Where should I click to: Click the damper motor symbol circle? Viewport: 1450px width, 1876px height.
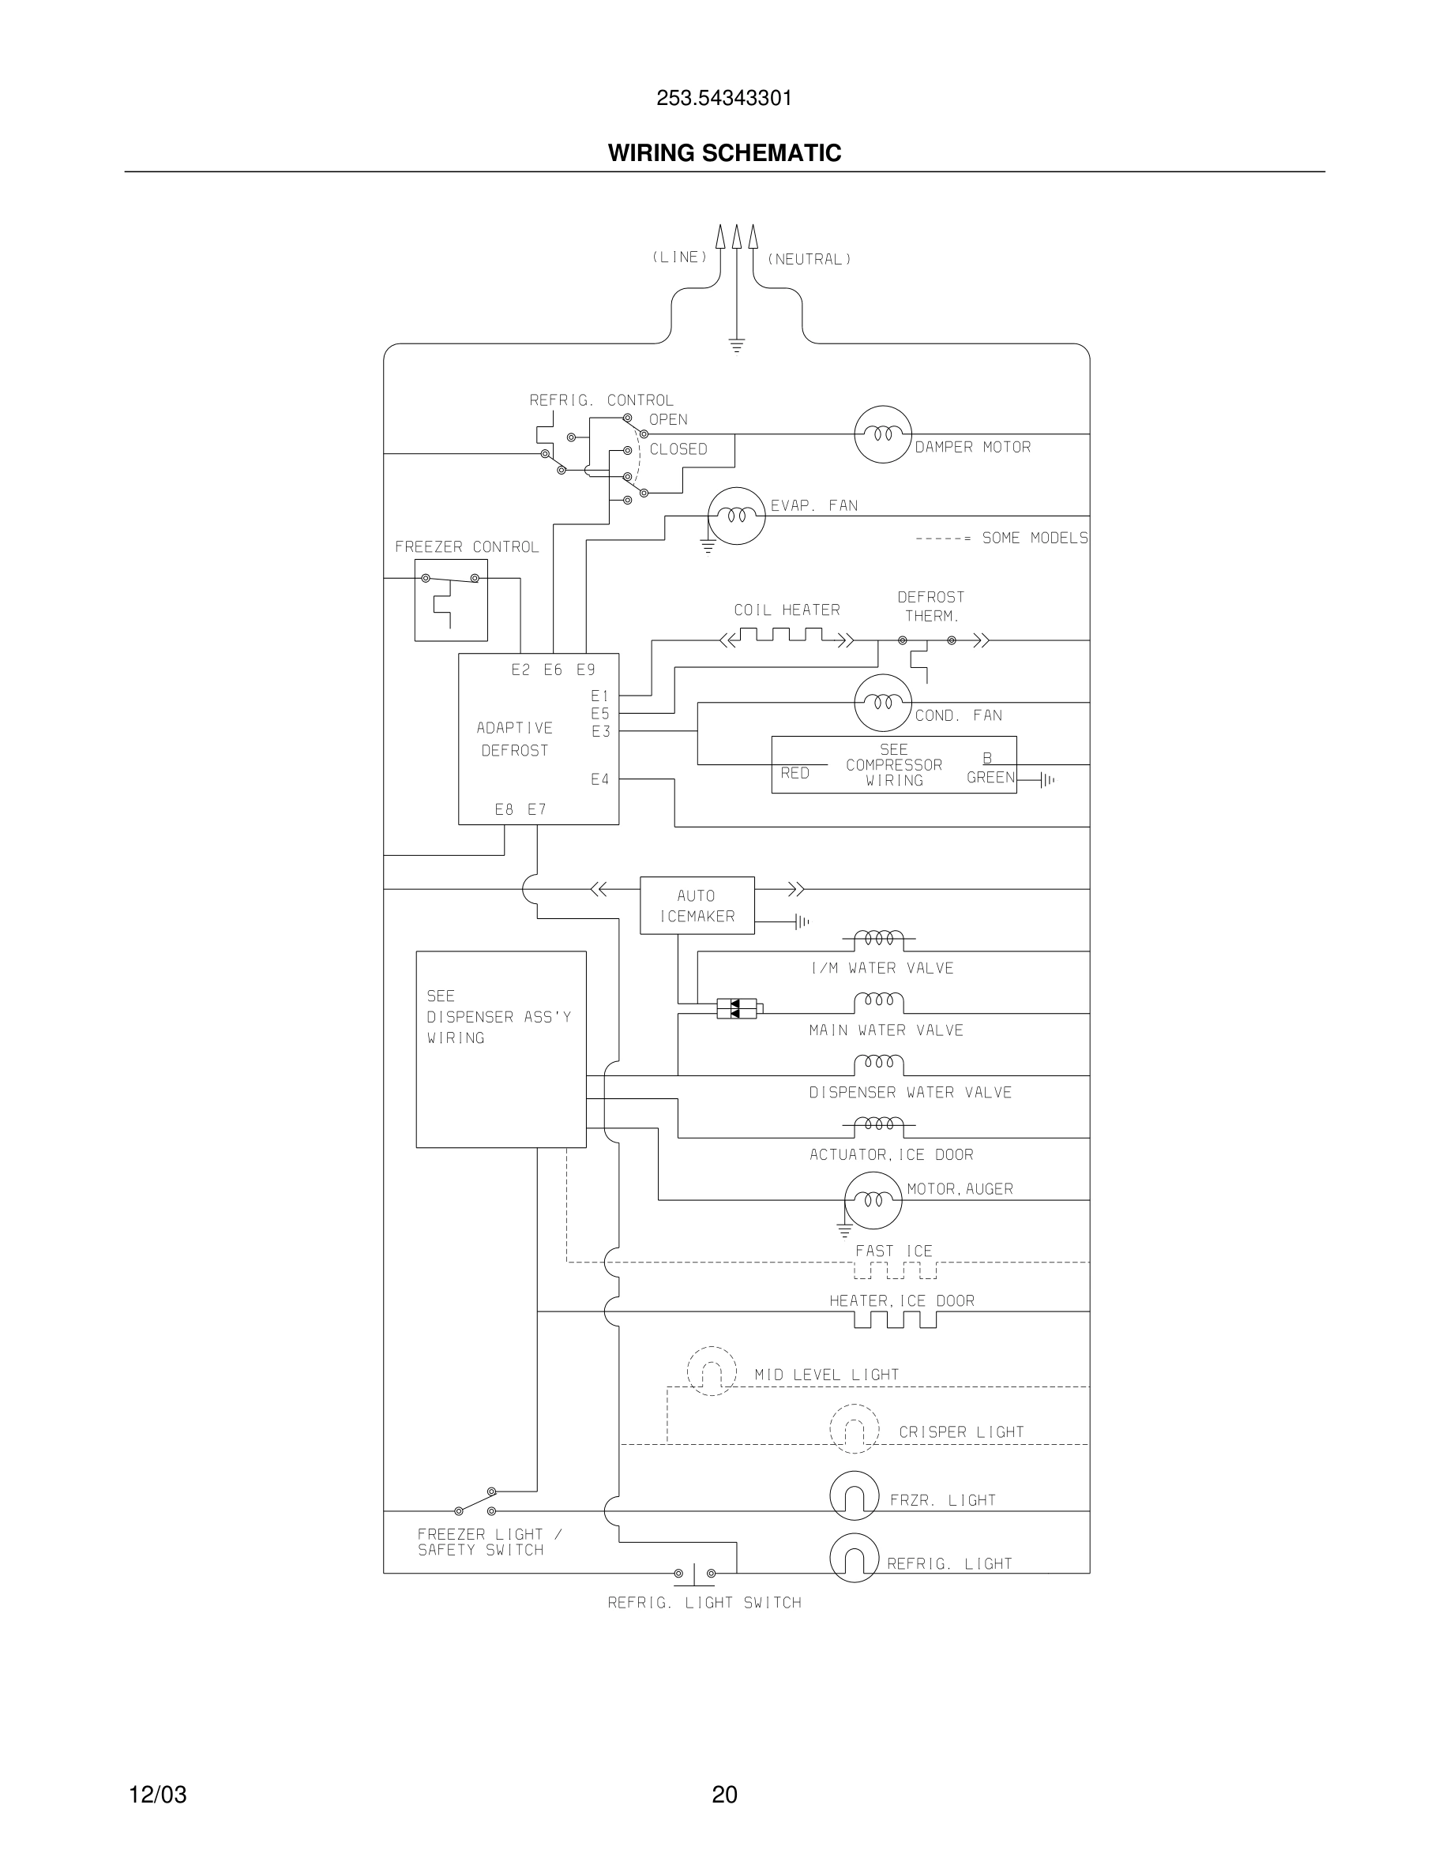(882, 434)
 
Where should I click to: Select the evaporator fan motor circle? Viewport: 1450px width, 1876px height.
(736, 516)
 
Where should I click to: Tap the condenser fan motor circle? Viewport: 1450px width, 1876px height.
(882, 703)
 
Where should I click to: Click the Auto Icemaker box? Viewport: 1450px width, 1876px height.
(697, 906)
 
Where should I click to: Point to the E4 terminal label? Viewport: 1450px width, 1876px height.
(599, 779)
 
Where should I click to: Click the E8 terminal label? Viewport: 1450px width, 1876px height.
(504, 809)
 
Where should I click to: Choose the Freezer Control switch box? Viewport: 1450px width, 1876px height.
(451, 599)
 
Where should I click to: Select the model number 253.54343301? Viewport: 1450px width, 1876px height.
(724, 98)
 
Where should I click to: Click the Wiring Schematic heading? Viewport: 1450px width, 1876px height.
(724, 153)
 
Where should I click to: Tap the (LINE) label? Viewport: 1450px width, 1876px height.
(679, 257)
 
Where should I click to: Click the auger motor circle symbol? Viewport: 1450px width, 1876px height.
(873, 1200)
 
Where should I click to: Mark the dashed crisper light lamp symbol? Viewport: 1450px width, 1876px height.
(854, 1429)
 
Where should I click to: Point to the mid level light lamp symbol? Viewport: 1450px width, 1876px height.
(712, 1371)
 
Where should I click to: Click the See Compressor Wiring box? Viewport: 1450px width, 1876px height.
(893, 764)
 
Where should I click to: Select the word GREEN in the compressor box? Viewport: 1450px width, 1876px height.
(990, 778)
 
